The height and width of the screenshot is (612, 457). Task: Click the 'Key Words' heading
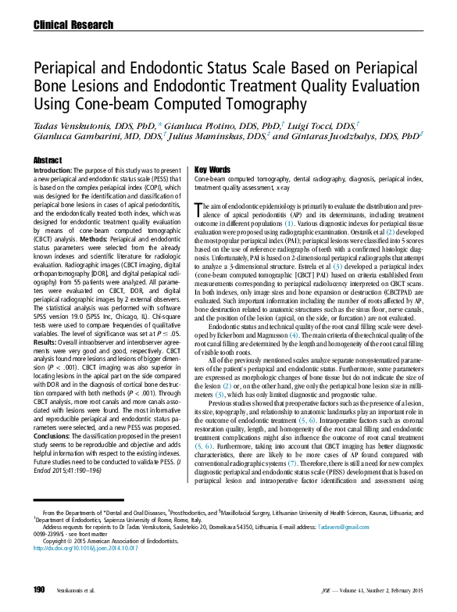coord(212,170)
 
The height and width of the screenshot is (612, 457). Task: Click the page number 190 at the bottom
coord(39,589)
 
